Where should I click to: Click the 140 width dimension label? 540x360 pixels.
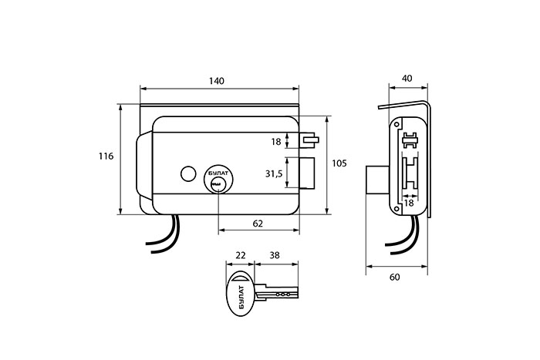click(x=217, y=81)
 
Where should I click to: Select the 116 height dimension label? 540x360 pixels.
click(x=106, y=156)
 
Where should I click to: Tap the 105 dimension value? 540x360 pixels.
click(x=339, y=163)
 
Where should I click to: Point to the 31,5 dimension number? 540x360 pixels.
click(x=274, y=174)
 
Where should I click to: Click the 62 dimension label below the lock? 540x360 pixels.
click(x=258, y=224)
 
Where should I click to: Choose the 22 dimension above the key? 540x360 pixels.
click(x=241, y=255)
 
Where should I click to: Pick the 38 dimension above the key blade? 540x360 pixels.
click(x=275, y=255)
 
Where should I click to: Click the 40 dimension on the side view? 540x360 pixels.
click(x=407, y=79)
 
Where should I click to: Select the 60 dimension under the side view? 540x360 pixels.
click(x=395, y=277)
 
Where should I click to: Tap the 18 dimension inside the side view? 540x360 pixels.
click(x=409, y=203)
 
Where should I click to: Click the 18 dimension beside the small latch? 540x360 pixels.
click(x=276, y=141)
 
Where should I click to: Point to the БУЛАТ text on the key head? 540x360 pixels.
click(x=241, y=297)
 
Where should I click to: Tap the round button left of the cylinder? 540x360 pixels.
click(x=188, y=174)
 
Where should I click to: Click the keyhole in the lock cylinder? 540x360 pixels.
click(x=217, y=186)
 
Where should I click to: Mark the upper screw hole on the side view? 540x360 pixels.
click(x=397, y=124)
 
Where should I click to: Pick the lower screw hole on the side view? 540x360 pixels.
click(x=397, y=209)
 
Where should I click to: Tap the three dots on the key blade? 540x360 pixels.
click(x=283, y=294)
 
